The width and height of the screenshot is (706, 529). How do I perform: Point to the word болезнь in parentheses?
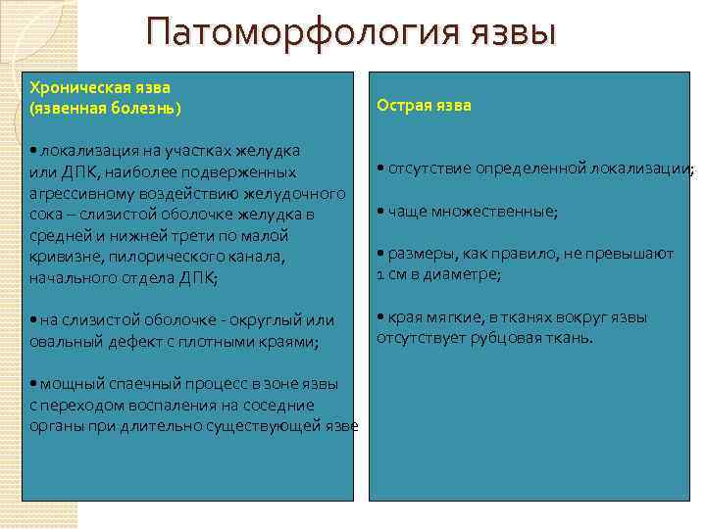point(144,106)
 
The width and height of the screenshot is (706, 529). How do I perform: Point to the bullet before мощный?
point(33,383)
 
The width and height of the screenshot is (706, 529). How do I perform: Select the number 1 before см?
point(380,274)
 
